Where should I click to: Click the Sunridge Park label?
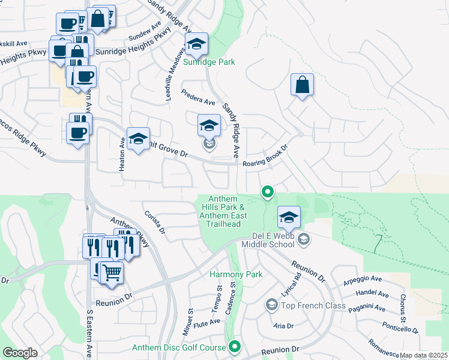209,62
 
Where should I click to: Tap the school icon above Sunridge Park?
196,44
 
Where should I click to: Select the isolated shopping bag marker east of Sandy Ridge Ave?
303,85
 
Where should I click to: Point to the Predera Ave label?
198,97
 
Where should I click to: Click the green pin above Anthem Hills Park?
268,192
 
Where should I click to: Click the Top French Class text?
313,306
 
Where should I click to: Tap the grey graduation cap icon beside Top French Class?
271,306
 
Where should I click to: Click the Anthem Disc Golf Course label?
178,347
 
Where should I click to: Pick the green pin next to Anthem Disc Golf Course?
235,347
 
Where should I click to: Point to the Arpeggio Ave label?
363,279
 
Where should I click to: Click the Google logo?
20,353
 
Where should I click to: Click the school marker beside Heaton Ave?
138,139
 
